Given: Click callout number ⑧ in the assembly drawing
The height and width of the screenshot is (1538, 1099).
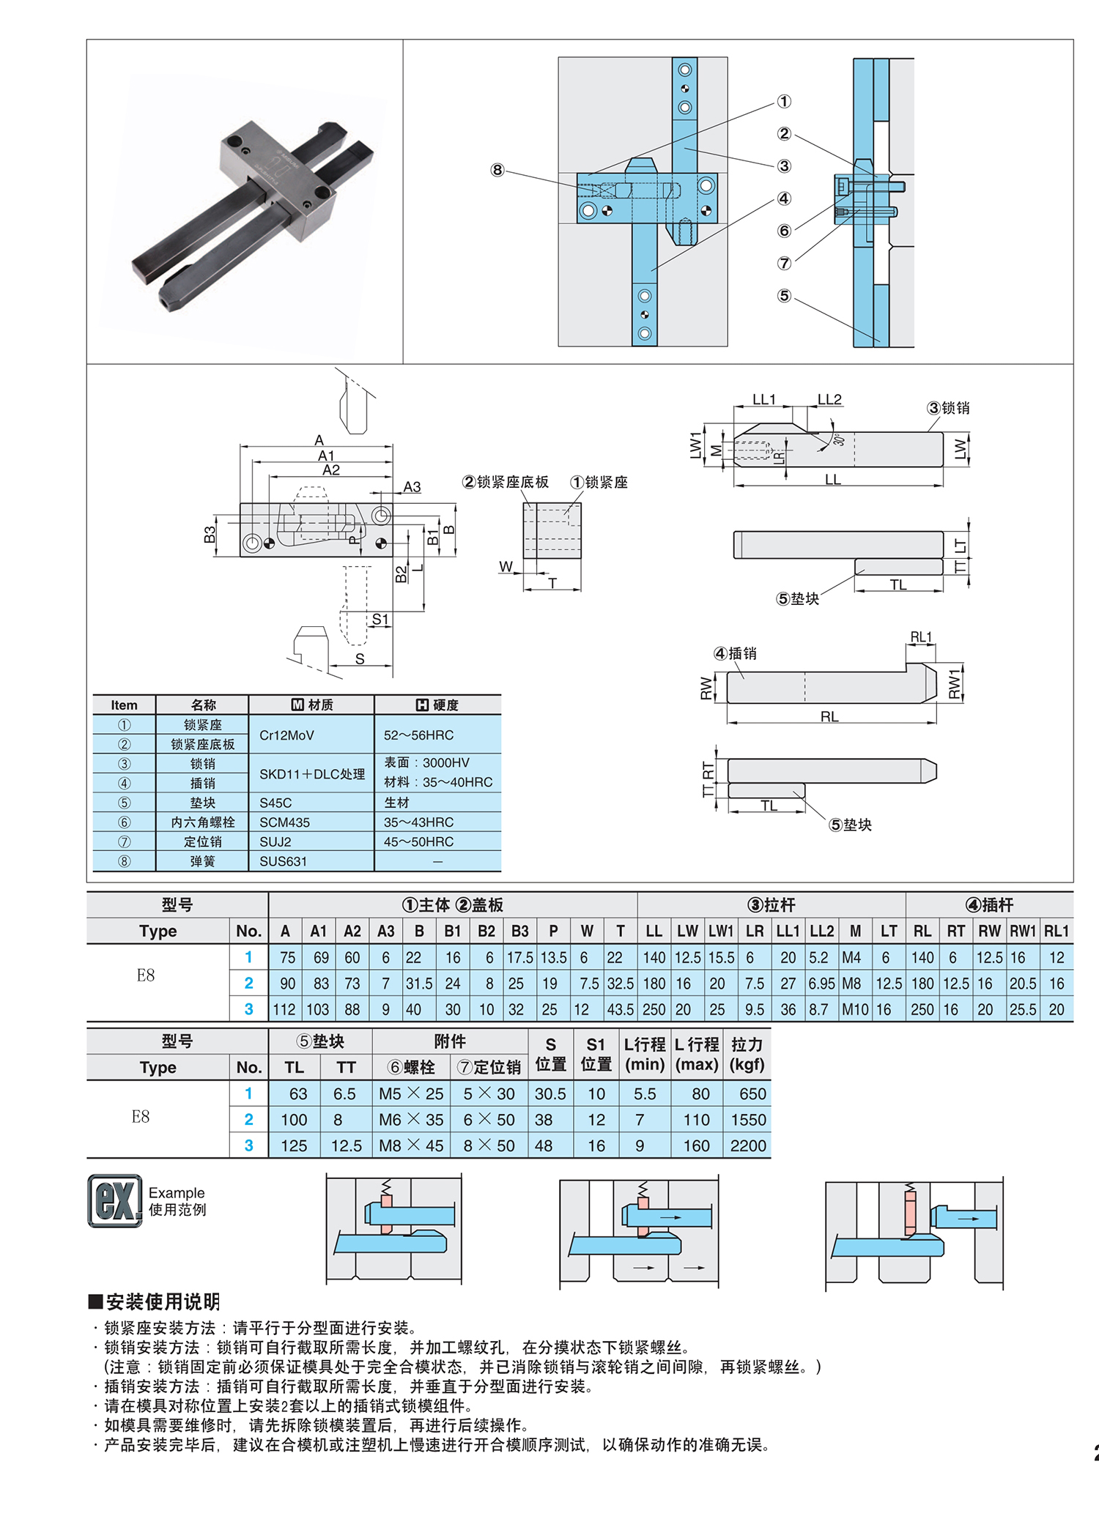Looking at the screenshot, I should tap(497, 170).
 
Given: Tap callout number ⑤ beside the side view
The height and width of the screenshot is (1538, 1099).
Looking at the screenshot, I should tap(784, 296).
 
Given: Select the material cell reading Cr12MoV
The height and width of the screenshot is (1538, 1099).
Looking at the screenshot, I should tap(286, 735).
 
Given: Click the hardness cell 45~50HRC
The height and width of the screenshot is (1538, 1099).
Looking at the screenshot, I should tap(418, 842).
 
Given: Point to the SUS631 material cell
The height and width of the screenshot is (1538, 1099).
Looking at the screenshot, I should tap(283, 862).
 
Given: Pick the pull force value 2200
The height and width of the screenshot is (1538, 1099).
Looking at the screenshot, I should tap(748, 1146).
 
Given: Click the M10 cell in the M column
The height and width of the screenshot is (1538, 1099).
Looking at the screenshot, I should tap(854, 1010).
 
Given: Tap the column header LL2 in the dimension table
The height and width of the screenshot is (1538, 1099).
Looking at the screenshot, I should tap(821, 932).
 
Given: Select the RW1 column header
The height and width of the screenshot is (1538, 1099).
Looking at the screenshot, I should tap(1023, 932).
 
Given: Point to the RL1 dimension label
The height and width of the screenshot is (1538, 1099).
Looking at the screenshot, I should tap(921, 637).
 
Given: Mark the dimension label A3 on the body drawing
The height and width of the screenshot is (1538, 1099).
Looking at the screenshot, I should tap(412, 487).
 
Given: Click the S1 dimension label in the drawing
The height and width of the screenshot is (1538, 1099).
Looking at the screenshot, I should tap(380, 620).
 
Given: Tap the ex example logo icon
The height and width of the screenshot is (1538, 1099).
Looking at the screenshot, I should tap(115, 1201).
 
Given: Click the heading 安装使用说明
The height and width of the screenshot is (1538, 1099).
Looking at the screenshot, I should tap(162, 1302).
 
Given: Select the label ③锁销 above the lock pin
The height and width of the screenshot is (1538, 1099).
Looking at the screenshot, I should tap(948, 408).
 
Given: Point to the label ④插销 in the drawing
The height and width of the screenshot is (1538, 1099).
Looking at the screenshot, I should tap(735, 653).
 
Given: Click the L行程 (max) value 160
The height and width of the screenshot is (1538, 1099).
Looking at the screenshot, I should tap(697, 1146).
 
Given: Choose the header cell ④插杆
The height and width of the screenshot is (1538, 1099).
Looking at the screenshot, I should tap(989, 905).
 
